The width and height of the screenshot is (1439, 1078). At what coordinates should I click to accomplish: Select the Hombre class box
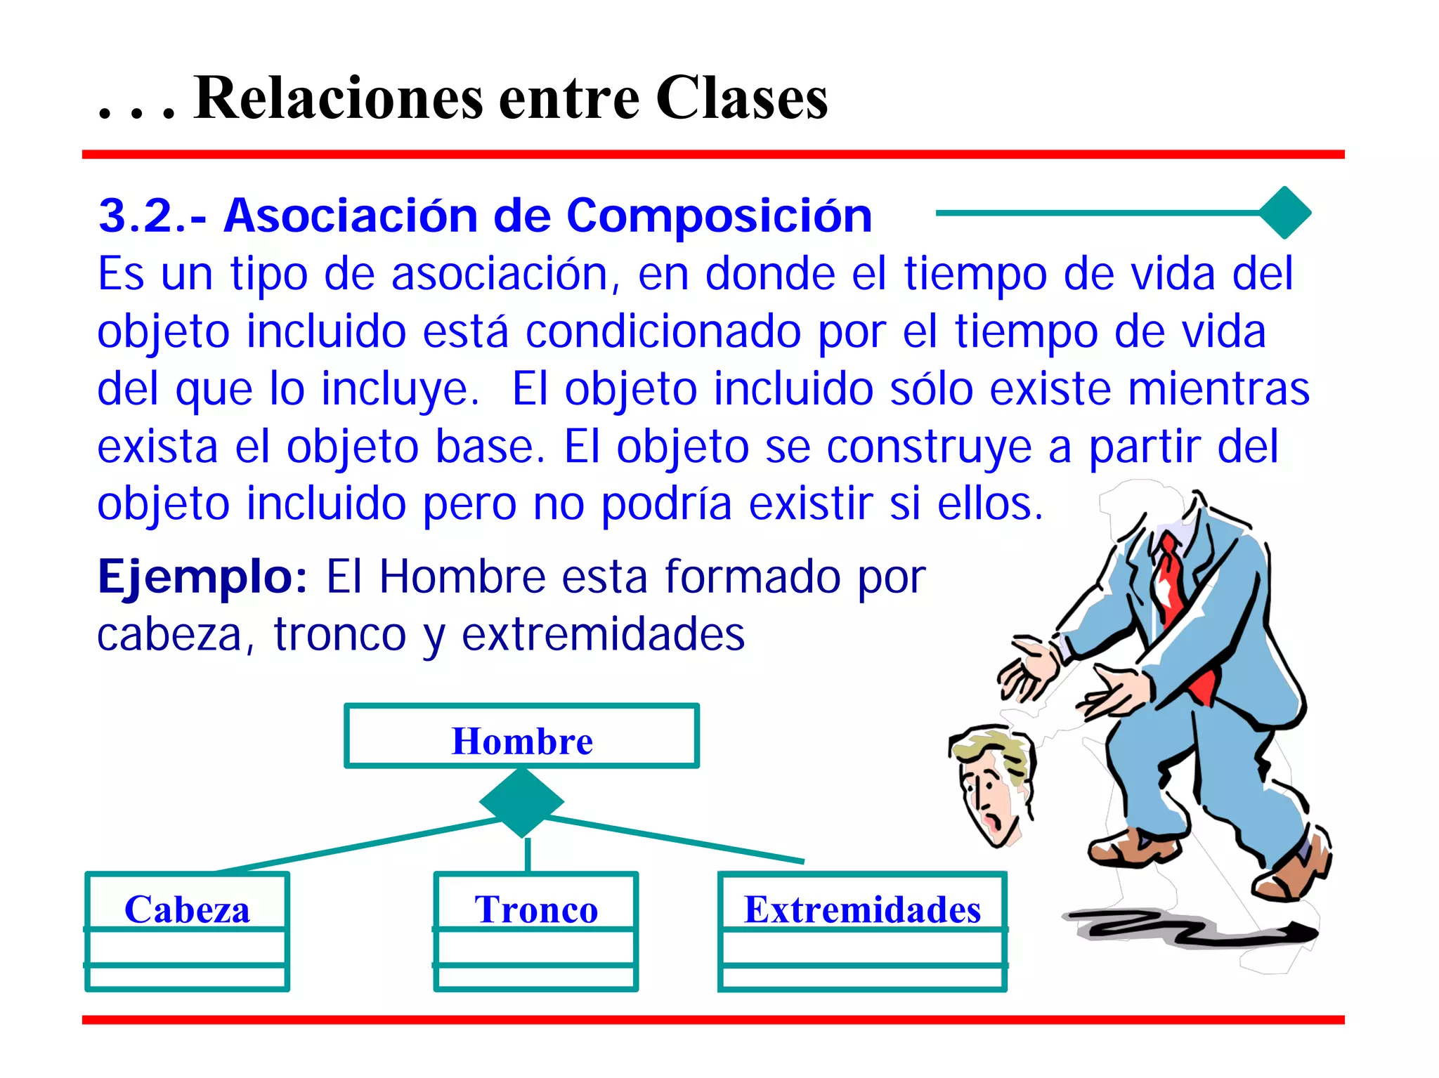pos(521,736)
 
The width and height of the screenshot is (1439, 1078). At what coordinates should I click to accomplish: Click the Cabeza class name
pos(187,909)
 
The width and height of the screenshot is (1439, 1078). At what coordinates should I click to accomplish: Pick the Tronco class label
pos(536,909)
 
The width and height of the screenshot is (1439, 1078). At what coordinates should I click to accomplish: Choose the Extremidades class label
pos(862,909)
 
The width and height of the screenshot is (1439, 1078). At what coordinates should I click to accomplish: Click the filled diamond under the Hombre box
pos(521,802)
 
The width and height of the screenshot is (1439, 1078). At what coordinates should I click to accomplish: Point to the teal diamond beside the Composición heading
pos(1284,213)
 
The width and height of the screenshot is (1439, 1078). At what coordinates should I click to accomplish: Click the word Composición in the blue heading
pos(719,216)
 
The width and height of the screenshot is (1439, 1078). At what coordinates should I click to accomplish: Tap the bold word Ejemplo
pos(202,577)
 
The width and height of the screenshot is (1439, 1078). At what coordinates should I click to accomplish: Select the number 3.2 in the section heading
pos(141,216)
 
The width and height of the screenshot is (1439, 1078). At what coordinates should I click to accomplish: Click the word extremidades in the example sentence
pos(603,635)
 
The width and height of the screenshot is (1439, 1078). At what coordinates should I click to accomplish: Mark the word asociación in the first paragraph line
pos(500,274)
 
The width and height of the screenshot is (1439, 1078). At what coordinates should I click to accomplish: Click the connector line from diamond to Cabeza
pos(351,845)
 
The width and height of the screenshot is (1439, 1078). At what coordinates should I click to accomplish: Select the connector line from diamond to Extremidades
pos(675,839)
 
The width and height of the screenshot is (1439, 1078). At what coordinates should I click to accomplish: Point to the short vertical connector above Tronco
pos(528,855)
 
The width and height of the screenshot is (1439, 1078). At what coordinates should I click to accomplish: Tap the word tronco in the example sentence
pos(339,635)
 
